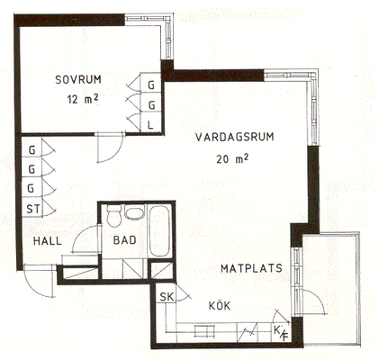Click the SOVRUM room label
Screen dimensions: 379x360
tap(78, 79)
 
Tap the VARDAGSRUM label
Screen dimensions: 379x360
tap(235, 137)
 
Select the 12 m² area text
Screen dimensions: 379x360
tap(83, 99)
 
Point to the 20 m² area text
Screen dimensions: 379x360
tap(232, 159)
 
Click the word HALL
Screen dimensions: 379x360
tap(48, 241)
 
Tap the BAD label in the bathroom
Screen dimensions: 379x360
tap(125, 240)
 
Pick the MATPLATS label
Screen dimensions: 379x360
tap(251, 268)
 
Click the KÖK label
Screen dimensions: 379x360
tap(220, 306)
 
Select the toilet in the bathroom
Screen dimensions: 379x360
tap(114, 215)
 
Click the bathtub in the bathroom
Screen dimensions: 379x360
tap(159, 230)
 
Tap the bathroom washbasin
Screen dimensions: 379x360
tap(134, 212)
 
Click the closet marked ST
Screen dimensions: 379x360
tap(32, 208)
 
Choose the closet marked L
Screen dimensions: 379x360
tap(151, 124)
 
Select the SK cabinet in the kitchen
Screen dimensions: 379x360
tap(167, 296)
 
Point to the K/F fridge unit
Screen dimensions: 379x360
tap(281, 331)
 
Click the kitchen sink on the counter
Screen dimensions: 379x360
tap(205, 330)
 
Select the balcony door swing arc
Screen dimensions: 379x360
tap(316, 300)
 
